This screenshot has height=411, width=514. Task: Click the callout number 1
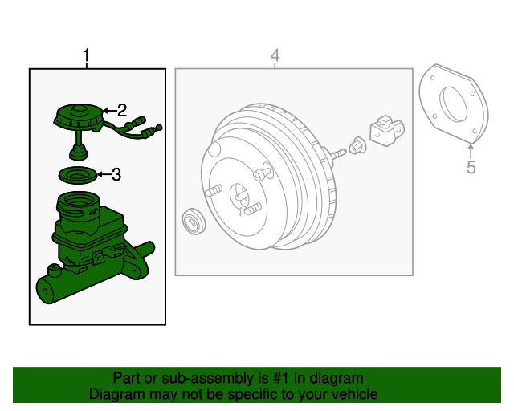click(86, 55)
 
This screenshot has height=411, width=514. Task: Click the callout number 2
click(122, 110)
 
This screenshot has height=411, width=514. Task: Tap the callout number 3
click(116, 174)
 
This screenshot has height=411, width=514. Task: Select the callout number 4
click(275, 55)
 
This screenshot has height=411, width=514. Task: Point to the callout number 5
click(471, 167)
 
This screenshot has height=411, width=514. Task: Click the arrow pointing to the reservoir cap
click(110, 111)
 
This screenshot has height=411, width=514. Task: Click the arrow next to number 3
click(104, 174)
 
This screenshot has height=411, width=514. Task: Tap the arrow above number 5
click(471, 152)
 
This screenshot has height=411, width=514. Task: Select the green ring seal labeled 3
click(78, 175)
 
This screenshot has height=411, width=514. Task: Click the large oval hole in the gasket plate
click(453, 104)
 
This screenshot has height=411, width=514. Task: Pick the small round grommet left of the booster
click(194, 221)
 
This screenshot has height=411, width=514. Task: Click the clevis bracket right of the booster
click(387, 130)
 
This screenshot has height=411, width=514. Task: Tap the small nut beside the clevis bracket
click(357, 146)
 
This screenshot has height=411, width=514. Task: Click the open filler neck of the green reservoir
click(78, 200)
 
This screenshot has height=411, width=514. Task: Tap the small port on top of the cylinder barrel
click(54, 271)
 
